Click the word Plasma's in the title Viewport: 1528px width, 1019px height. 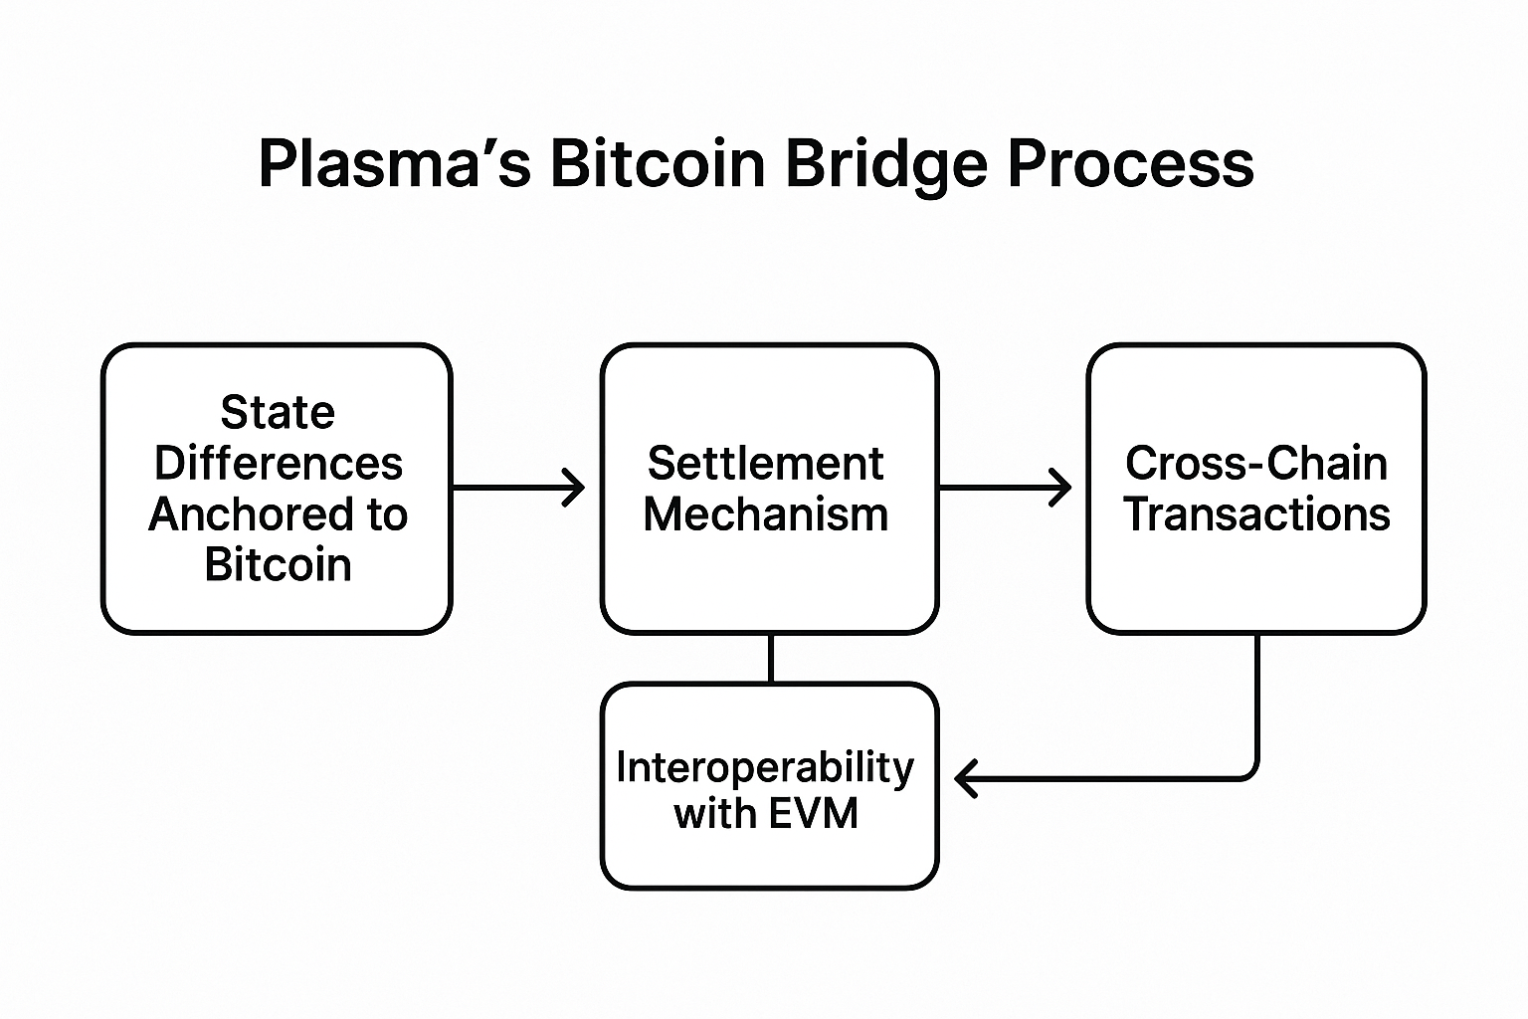coord(394,164)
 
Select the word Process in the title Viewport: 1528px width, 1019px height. coord(1131,164)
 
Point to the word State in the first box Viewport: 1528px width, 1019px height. coord(278,412)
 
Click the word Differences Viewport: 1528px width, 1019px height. coord(279,464)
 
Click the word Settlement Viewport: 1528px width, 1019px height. coord(765,464)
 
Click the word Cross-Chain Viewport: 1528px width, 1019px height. coord(1255,464)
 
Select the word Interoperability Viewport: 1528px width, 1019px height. coord(765,769)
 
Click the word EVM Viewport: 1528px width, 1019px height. coord(813,814)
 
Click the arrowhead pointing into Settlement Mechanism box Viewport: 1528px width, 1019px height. coord(575,488)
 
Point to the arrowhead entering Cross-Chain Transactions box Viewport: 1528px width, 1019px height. coord(1060,488)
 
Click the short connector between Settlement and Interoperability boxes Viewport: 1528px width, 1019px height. coord(771,659)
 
